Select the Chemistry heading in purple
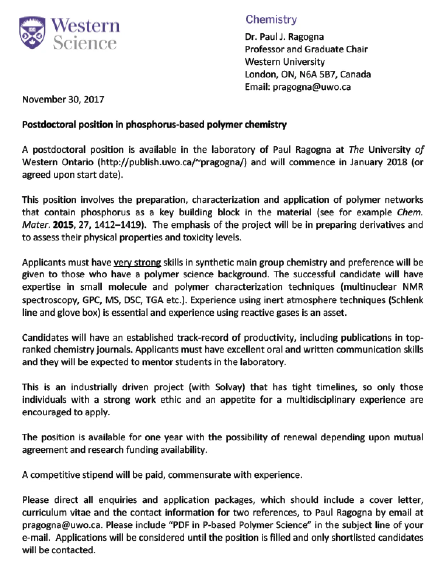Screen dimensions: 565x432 (x=271, y=19)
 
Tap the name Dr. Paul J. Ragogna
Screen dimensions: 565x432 (x=284, y=37)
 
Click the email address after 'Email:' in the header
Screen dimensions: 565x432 (x=311, y=87)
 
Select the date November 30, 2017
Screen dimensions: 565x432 (x=63, y=100)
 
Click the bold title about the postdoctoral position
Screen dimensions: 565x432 (x=154, y=125)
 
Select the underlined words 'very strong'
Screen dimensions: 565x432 (x=137, y=263)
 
